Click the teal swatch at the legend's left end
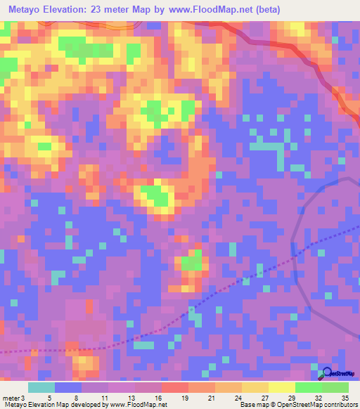41,387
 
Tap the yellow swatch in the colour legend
282,387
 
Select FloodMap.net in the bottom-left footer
145,405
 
